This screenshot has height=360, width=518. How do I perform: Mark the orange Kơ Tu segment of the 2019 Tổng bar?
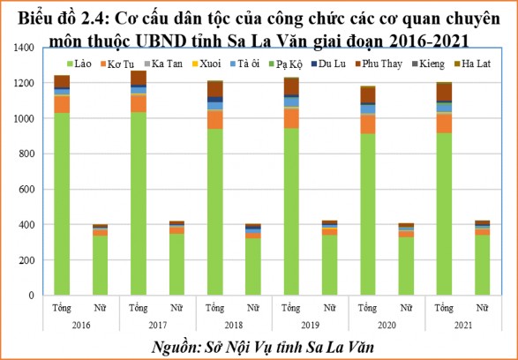coord(291,118)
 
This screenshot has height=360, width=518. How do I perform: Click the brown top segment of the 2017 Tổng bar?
coord(139,78)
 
